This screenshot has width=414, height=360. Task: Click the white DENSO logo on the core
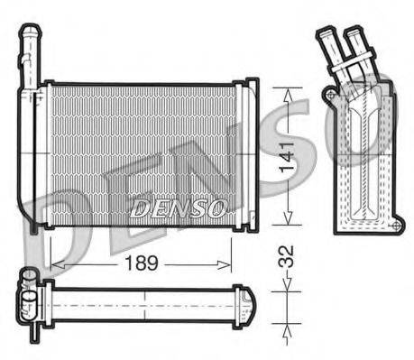coord(177,209)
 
